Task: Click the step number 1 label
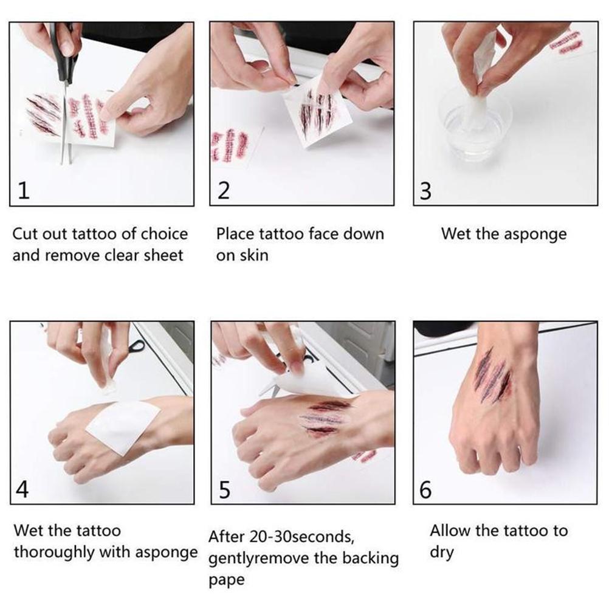pyautogui.click(x=22, y=191)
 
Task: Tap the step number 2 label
pyautogui.click(x=224, y=191)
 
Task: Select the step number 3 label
pyautogui.click(x=425, y=191)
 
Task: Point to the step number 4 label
pyautogui.click(x=22, y=490)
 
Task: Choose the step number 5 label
pyautogui.click(x=224, y=490)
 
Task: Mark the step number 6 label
pyautogui.click(x=425, y=490)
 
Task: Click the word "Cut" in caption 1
pyautogui.click(x=26, y=234)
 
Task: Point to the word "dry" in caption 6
pyautogui.click(x=442, y=554)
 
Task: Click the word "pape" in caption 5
pyautogui.click(x=226, y=580)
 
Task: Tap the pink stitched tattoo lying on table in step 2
pyautogui.click(x=229, y=145)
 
